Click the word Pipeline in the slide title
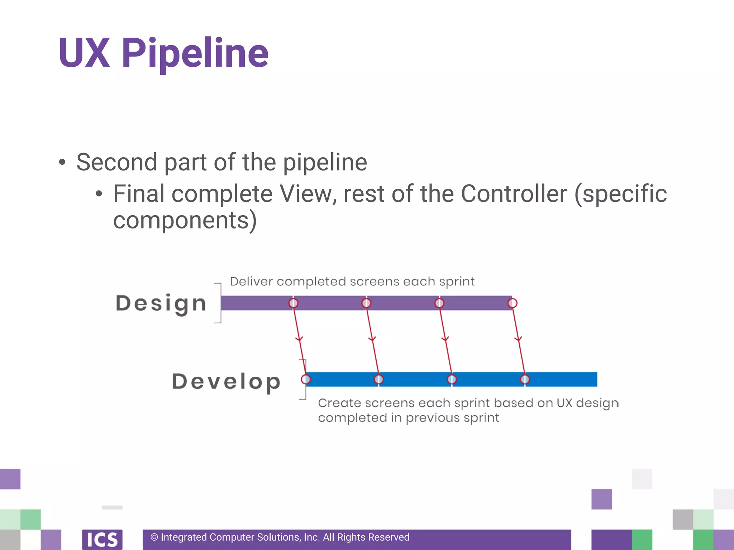(x=195, y=54)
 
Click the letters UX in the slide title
(x=84, y=54)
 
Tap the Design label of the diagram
(x=161, y=304)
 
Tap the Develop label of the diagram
(x=226, y=382)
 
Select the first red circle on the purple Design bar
(x=294, y=303)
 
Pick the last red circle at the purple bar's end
(x=513, y=303)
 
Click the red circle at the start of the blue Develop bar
(x=306, y=379)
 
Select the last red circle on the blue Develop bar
(x=525, y=379)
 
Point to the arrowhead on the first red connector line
(x=299, y=339)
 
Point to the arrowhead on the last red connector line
(x=518, y=339)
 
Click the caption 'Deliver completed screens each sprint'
(x=352, y=281)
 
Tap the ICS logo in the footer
(x=102, y=539)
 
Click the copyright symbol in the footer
(x=154, y=537)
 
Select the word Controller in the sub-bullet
(x=514, y=194)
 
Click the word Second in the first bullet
(x=117, y=162)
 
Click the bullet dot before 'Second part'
(x=62, y=162)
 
